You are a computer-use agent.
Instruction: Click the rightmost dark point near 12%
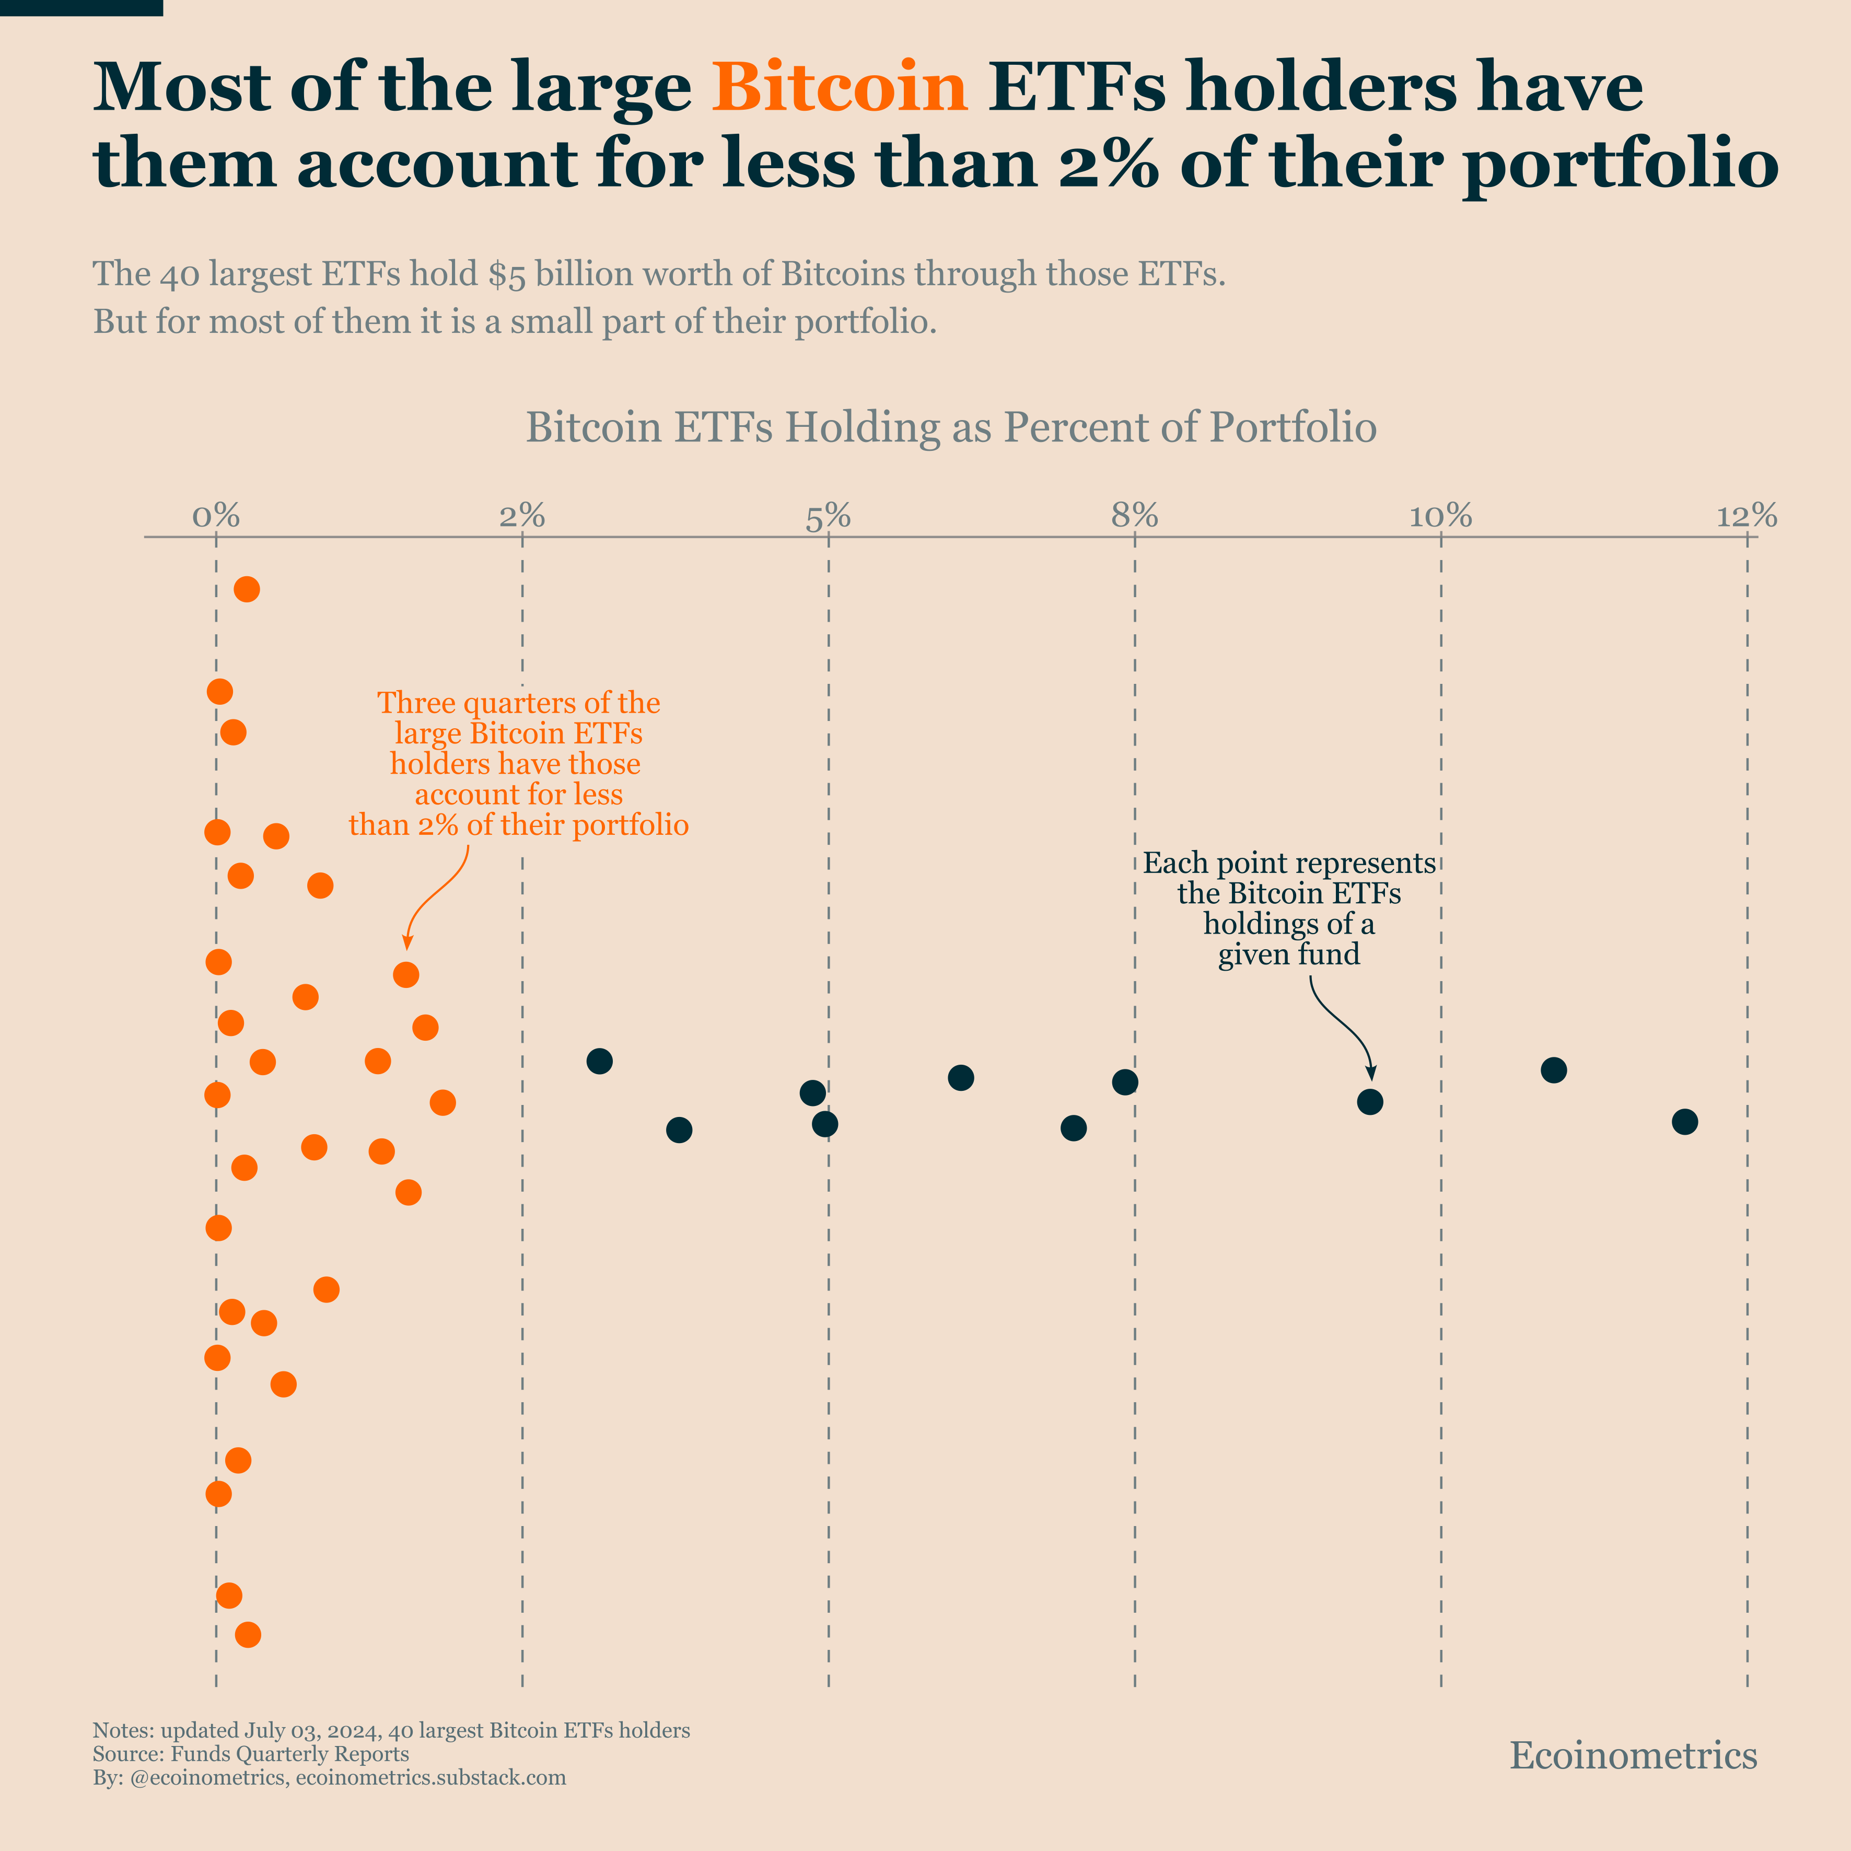(1684, 1122)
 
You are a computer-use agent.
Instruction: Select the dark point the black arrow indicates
(1370, 1102)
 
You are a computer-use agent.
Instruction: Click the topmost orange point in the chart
(247, 589)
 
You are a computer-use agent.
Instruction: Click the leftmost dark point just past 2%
(600, 1061)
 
